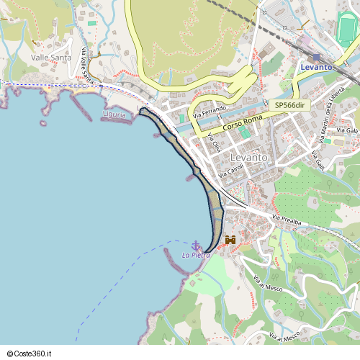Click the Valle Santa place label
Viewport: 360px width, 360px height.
[50, 57]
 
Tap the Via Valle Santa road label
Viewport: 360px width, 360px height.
[87, 65]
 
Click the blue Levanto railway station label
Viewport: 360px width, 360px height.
[317, 67]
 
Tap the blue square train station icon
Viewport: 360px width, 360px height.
[316, 57]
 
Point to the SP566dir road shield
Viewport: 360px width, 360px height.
[289, 105]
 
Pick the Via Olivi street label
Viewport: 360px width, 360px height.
[214, 143]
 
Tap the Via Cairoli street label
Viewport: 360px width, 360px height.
[232, 169]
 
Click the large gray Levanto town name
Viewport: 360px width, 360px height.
[248, 157]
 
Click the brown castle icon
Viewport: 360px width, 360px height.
[231, 240]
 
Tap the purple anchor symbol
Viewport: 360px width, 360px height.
[195, 246]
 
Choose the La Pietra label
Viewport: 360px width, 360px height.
[196, 255]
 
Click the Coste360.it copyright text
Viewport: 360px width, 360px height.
[29, 354]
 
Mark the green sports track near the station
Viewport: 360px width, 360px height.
[348, 29]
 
